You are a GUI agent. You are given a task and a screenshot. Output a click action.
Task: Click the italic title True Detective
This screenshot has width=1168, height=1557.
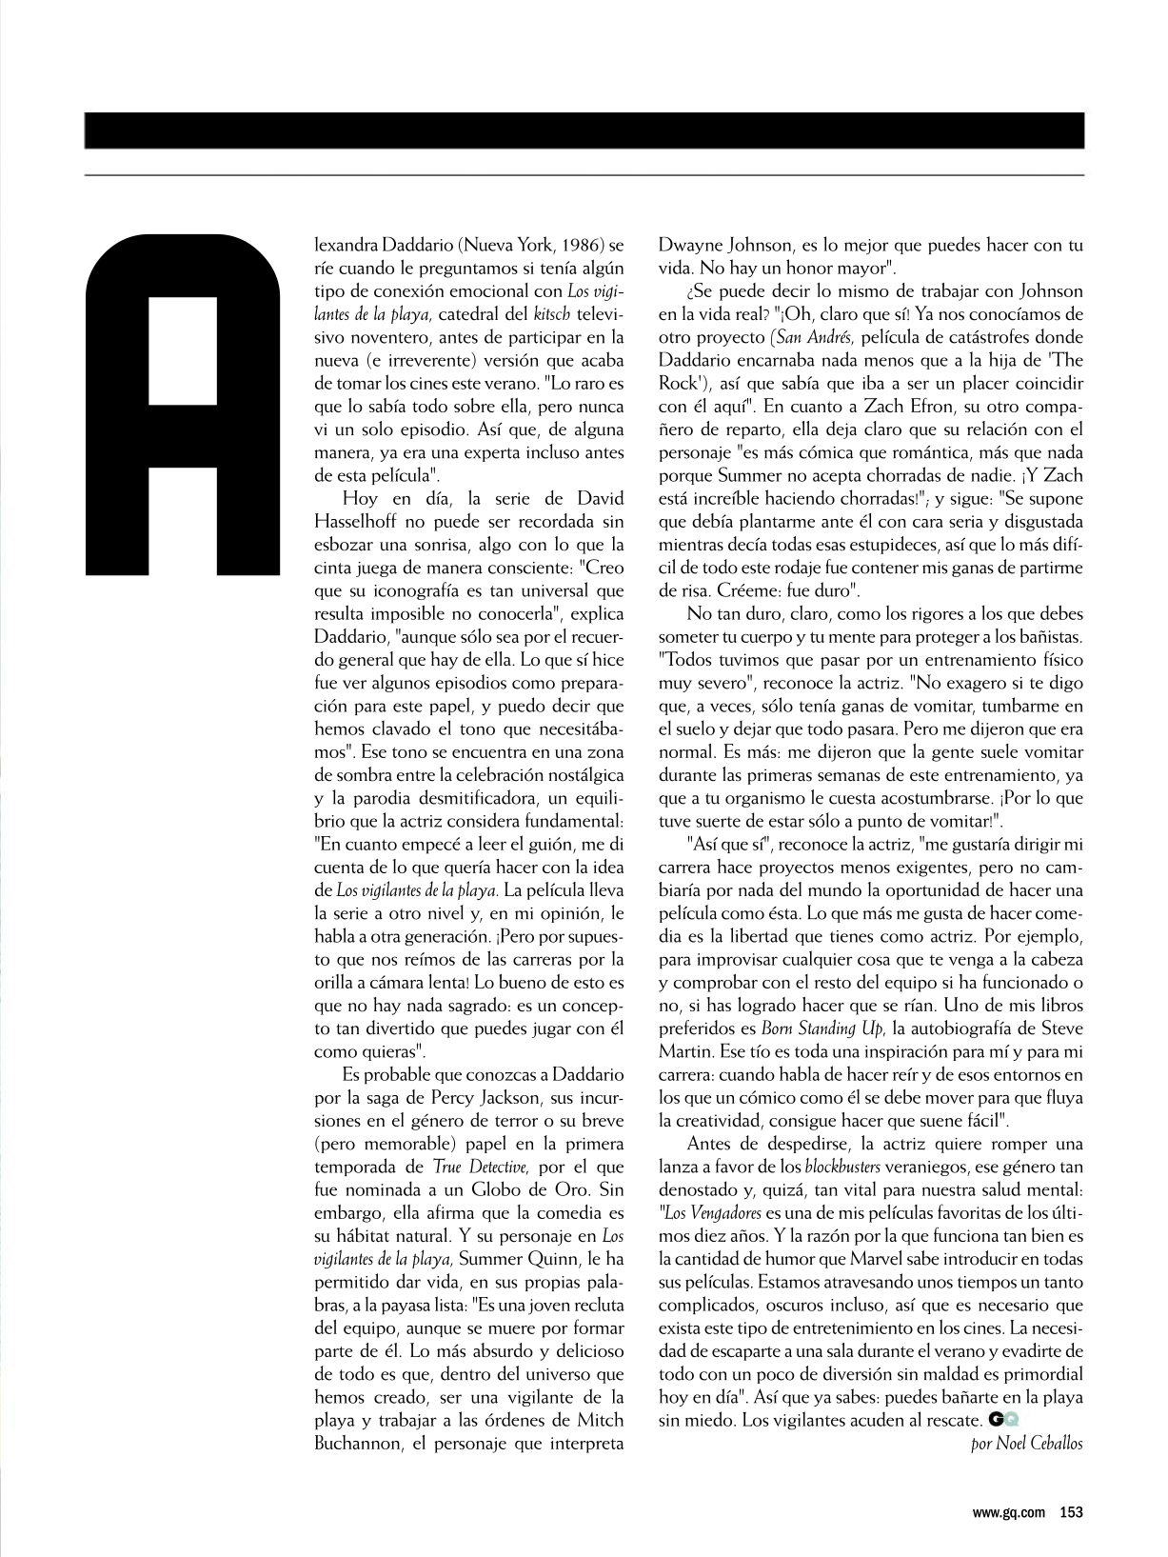476,1167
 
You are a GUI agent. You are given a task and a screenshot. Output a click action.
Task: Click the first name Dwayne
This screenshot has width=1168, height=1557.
692,245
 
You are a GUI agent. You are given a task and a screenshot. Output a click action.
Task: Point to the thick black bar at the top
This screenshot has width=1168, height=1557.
584,130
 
